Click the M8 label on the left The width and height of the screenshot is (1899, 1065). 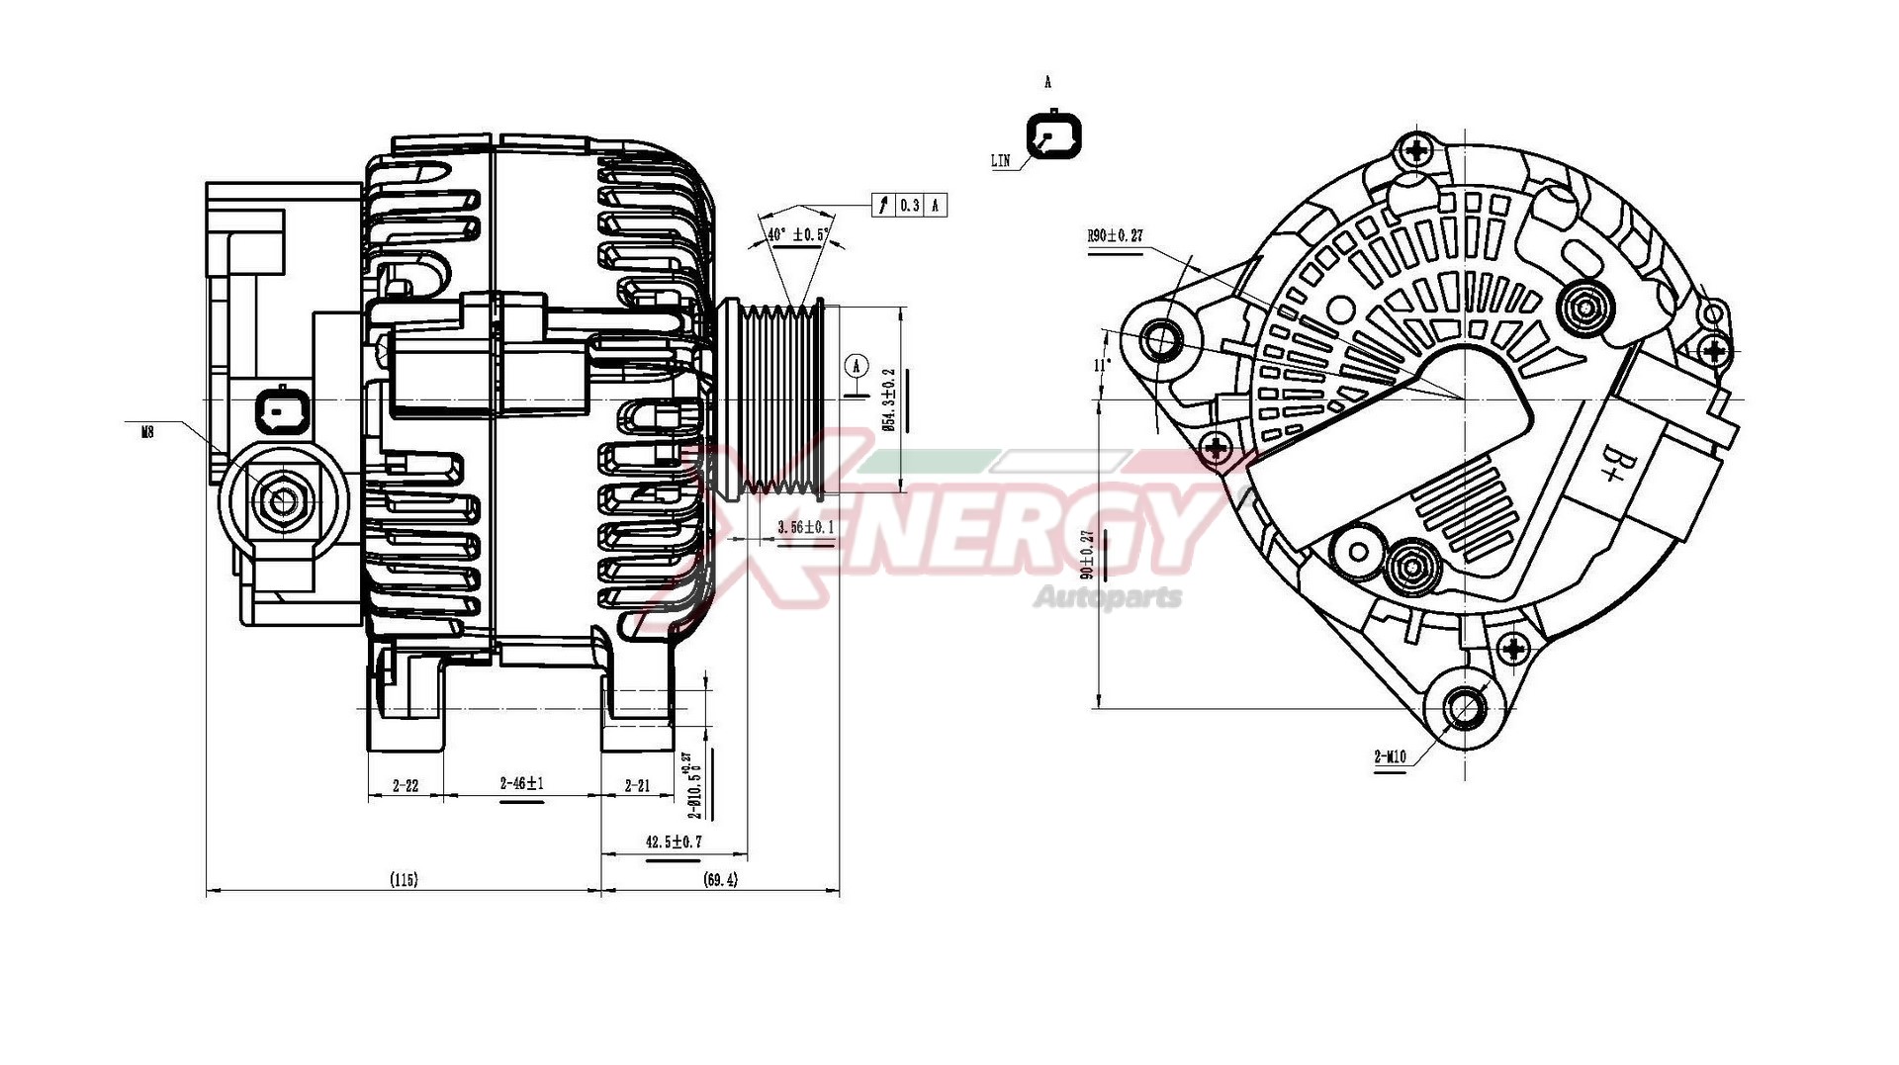point(147,432)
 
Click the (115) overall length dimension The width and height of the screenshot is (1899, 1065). point(404,879)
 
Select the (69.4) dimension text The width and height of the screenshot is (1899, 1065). point(720,879)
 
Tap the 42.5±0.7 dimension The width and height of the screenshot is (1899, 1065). point(674,842)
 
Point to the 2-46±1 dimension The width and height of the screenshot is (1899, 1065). point(521,783)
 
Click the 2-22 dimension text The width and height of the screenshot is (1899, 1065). point(406,786)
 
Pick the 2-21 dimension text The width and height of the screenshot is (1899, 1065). point(638,786)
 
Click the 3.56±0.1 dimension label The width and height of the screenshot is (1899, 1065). point(805,527)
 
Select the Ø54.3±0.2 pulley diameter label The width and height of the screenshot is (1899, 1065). point(888,399)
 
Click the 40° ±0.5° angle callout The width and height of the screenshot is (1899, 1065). point(797,235)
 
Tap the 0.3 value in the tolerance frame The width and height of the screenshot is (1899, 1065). point(909,206)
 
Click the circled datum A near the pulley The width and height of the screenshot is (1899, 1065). point(857,366)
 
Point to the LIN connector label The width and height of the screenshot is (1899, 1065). point(1001,160)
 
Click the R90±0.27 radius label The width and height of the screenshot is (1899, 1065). point(1115,235)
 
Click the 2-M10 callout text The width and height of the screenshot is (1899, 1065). point(1390,757)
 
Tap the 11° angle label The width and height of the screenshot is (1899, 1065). point(1100,365)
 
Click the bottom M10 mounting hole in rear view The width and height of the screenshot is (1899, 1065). point(1465,707)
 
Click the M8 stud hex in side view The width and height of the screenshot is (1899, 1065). point(284,502)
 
